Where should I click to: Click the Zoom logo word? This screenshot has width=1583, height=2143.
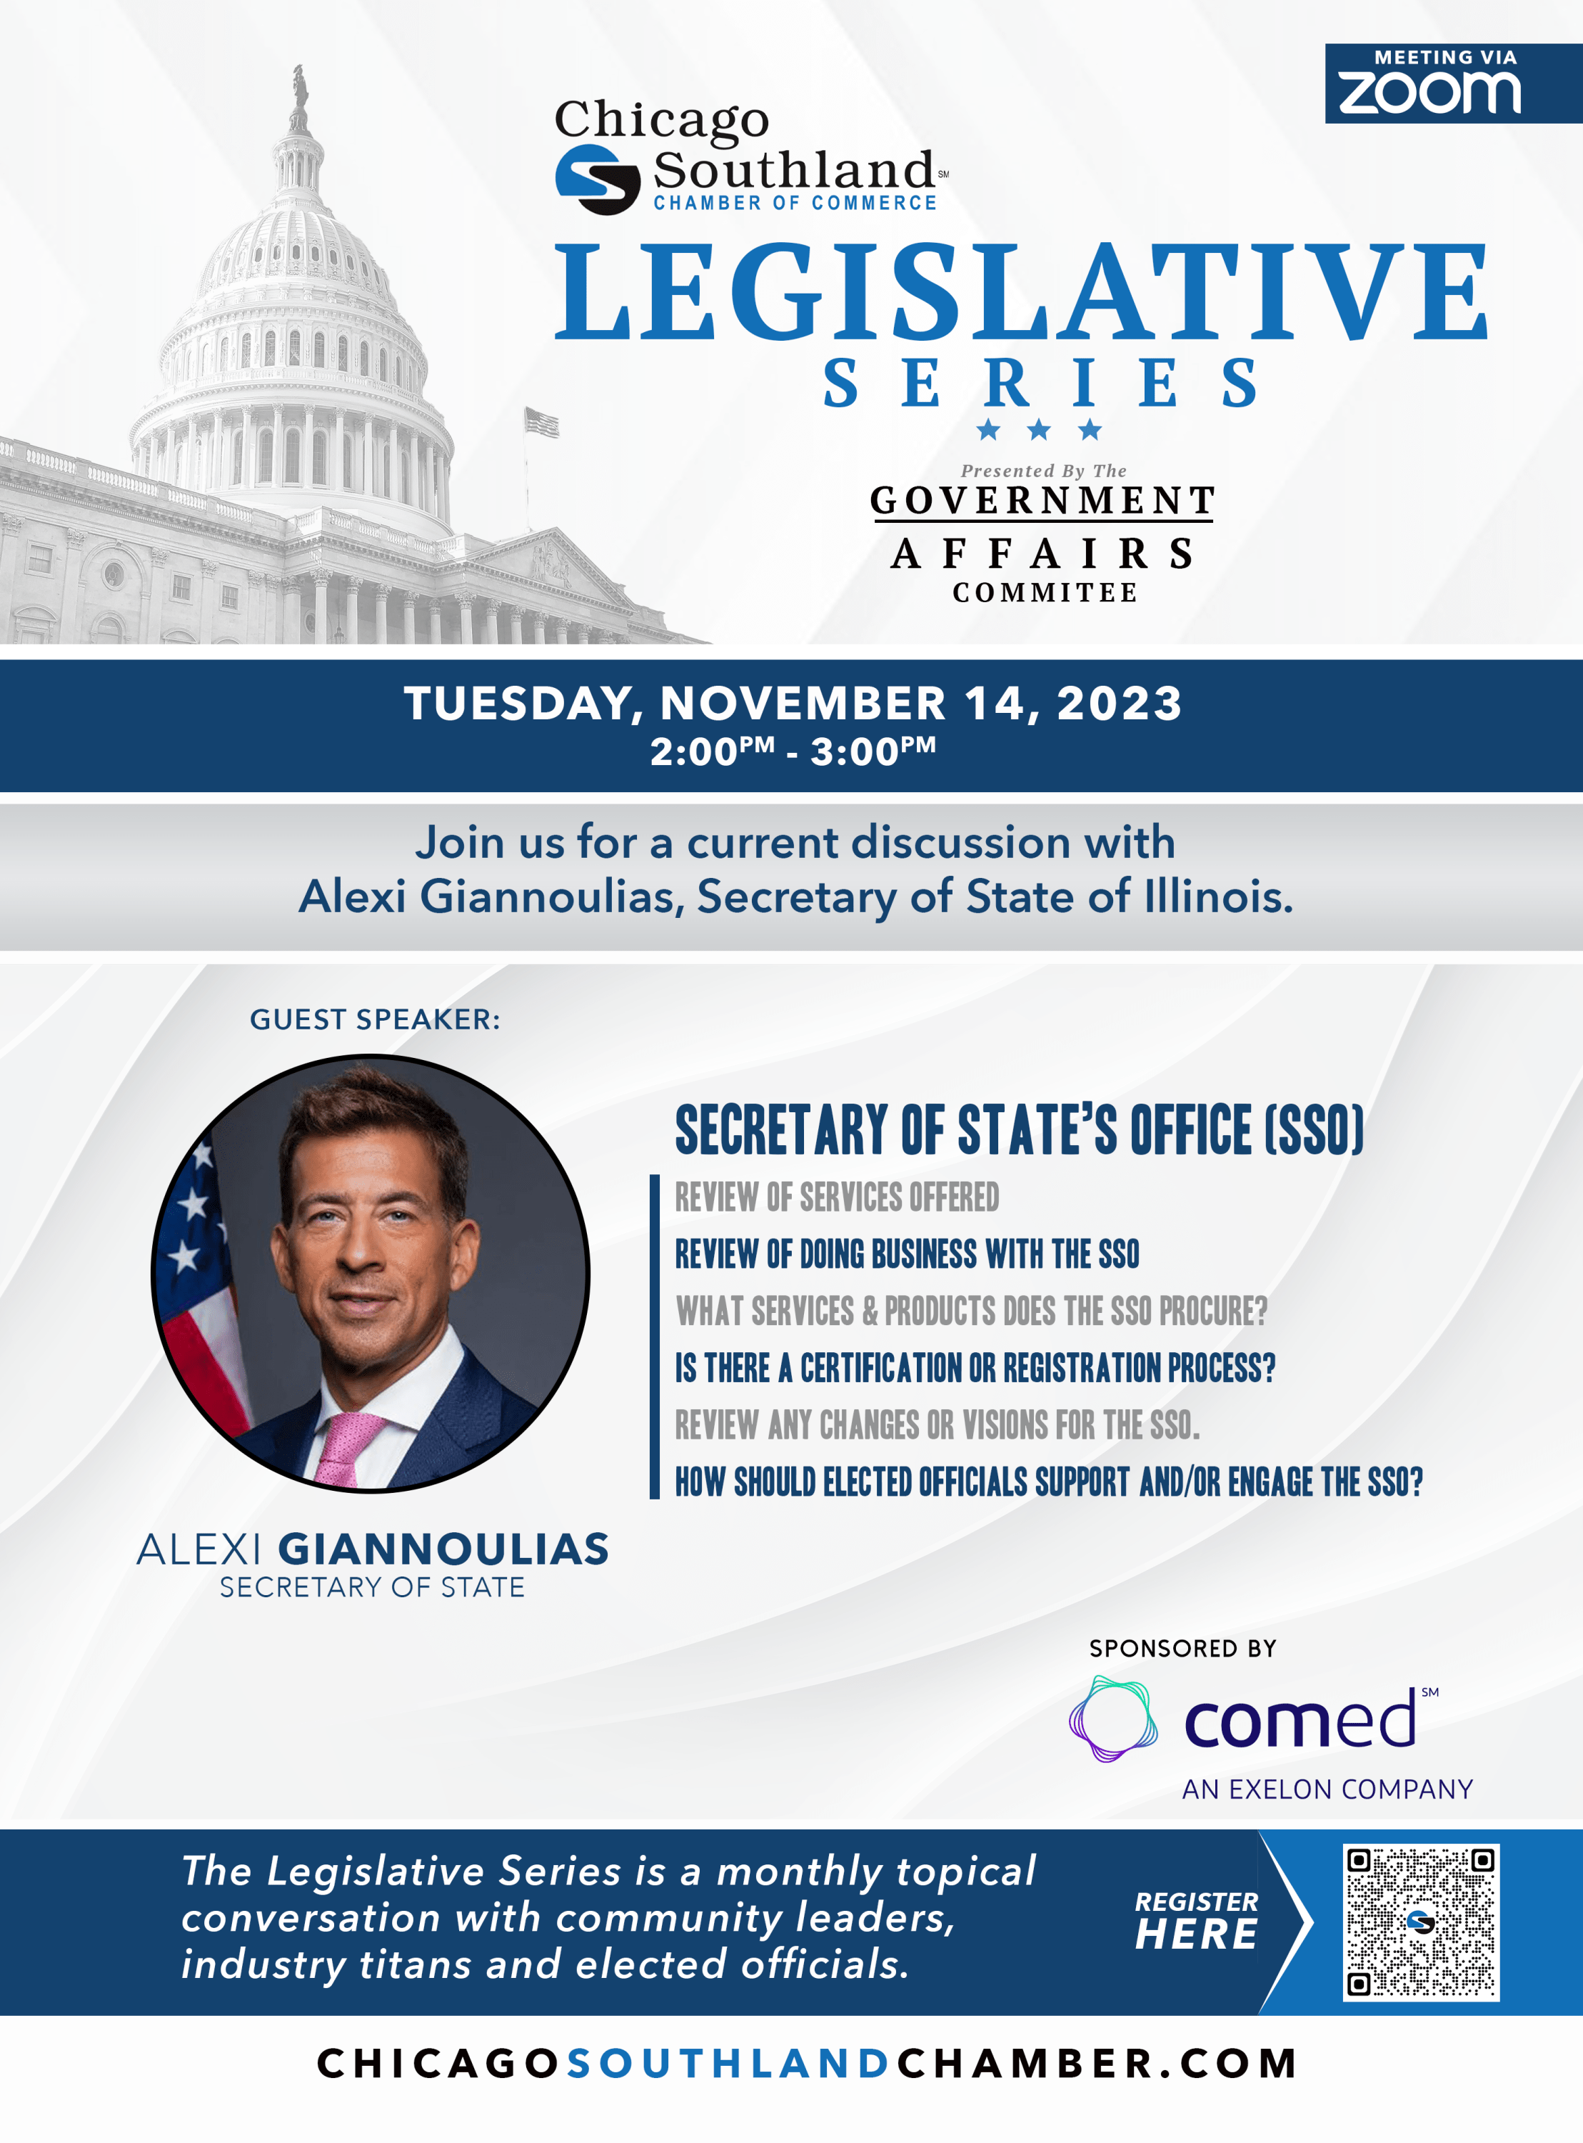coord(1429,93)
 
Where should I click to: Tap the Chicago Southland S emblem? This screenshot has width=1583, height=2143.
coord(598,179)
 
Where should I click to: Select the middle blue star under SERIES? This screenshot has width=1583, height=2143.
coord(1039,429)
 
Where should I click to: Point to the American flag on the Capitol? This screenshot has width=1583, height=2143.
coord(541,421)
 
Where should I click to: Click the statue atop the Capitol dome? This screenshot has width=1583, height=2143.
coord(300,96)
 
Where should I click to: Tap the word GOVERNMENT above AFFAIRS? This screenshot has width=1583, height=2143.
coord(1042,500)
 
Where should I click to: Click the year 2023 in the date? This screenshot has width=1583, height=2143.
coord(1119,704)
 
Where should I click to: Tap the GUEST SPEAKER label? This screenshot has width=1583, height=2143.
coord(375,1019)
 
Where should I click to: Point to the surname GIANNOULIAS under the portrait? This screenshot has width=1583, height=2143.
coord(443,1549)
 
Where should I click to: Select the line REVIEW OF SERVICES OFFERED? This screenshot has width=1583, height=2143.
coord(837,1197)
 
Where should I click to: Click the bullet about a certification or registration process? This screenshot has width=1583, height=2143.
coord(975,1368)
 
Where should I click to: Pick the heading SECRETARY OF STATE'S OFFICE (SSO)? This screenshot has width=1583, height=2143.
coord(1020,1129)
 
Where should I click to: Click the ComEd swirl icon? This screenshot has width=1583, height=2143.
coord(1112,1719)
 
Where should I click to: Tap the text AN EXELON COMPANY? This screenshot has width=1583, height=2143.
coord(1327,1789)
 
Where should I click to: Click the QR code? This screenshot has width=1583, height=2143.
coord(1421,1922)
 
